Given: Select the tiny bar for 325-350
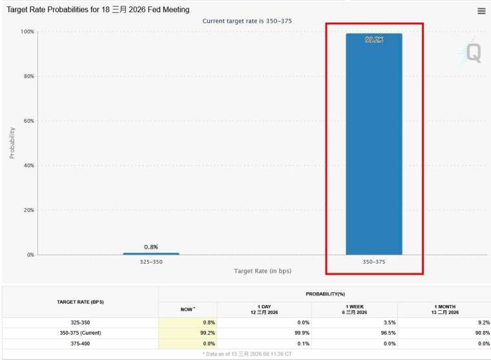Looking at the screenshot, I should (x=151, y=253).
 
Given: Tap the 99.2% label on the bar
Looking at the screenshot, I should (x=373, y=40).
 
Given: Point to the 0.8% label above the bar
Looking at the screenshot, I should (x=151, y=247).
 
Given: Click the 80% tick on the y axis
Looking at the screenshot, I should (x=27, y=76).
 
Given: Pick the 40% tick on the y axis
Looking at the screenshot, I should (x=27, y=165).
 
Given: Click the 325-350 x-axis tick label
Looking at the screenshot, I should (x=151, y=262).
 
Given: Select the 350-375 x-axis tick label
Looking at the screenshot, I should (x=373, y=262).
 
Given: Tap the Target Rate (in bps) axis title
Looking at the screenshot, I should (x=262, y=271).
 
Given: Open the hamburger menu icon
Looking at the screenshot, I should (x=481, y=11).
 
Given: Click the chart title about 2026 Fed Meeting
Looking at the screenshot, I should (x=98, y=10).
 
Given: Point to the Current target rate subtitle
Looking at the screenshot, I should (x=247, y=21).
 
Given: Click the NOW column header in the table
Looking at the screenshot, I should (x=187, y=309).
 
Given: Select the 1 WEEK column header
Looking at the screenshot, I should (x=354, y=309).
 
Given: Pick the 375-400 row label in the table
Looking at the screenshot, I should (x=80, y=344).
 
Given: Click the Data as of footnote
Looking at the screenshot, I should (x=247, y=355).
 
